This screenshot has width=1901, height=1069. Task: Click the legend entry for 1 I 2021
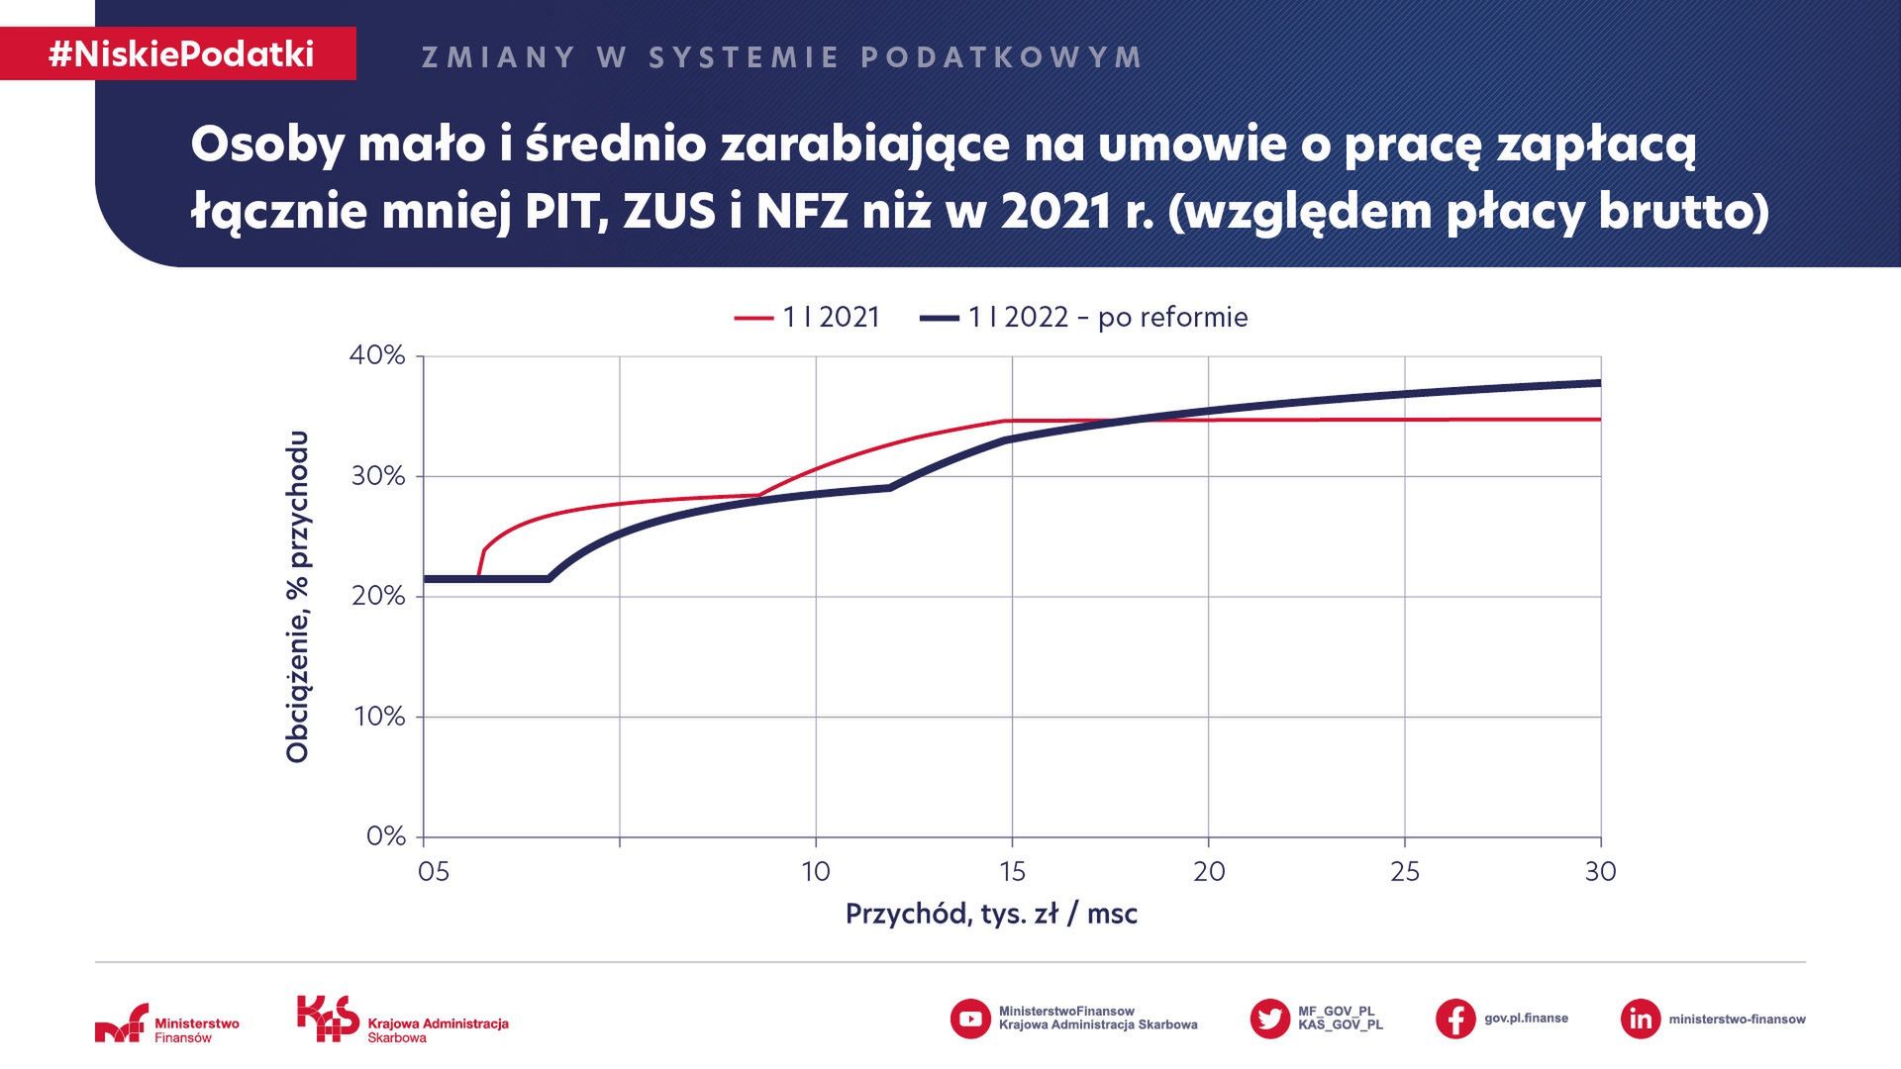pos(808,318)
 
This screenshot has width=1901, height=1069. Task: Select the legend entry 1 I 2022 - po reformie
pos(1085,318)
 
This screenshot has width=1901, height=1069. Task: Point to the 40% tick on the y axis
pos(377,355)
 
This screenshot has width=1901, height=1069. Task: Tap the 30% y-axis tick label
pos(377,476)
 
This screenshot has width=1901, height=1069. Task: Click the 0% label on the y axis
pos(385,836)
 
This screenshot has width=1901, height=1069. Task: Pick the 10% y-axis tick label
pos(379,717)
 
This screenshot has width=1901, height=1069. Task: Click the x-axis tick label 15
pos(1012,872)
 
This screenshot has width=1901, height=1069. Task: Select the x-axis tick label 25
pos(1404,872)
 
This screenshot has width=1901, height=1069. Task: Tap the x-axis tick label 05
pos(433,872)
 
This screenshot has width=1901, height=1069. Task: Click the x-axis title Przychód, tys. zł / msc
pos(991,914)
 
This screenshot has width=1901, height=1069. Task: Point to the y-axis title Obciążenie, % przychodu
pos(297,597)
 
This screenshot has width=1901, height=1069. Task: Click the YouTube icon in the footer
pos(969,1019)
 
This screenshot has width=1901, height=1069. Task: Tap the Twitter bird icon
pos(1269,1019)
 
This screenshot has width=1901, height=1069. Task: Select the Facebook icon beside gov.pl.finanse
pos(1454,1019)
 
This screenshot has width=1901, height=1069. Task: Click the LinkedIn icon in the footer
pos(1640,1019)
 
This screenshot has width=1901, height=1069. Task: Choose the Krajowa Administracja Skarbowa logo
pos(402,1020)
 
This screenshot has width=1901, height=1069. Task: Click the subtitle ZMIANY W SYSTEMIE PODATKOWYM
pos(782,57)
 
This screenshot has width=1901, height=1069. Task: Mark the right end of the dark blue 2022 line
pos(1599,383)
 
